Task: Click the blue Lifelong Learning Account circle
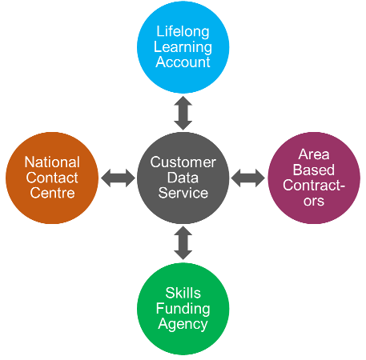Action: [x=183, y=47]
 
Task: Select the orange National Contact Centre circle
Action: [x=52, y=178]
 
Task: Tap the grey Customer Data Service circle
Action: [x=183, y=178]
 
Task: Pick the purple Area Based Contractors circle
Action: [x=314, y=178]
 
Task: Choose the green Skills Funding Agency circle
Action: [x=183, y=309]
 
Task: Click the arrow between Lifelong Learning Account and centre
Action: [x=183, y=113]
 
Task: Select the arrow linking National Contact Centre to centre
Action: [x=118, y=178]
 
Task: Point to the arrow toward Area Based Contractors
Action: [x=248, y=178]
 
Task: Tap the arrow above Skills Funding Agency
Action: [x=183, y=243]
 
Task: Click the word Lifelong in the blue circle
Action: [x=183, y=32]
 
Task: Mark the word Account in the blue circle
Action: [x=183, y=62]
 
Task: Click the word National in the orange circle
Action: [x=52, y=162]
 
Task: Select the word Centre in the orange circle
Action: [x=52, y=193]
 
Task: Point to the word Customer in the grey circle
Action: [x=183, y=162]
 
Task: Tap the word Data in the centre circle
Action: [x=183, y=178]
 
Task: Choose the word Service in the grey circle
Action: [x=183, y=193]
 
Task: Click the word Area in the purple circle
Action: [x=314, y=154]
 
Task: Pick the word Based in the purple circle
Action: [x=314, y=170]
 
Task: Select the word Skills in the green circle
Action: [x=183, y=293]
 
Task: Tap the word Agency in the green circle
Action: [x=183, y=325]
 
